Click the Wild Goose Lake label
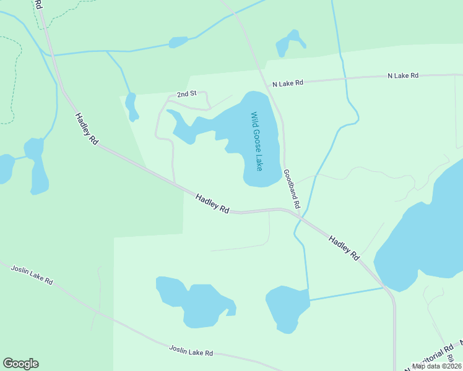[256, 142]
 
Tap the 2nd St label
[186, 94]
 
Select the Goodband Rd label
[292, 189]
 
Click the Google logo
[20, 364]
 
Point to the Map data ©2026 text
[436, 366]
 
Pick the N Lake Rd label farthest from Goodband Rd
[403, 75]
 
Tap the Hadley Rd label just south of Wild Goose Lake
[212, 204]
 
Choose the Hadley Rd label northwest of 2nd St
[87, 129]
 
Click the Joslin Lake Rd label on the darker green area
[31, 273]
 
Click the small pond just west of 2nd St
[131, 106]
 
